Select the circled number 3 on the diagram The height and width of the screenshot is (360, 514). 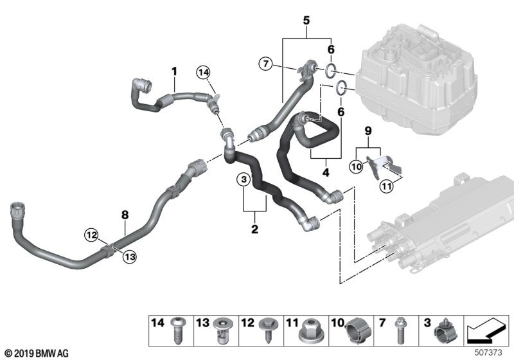coord(244,181)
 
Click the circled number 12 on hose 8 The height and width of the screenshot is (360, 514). coord(91,236)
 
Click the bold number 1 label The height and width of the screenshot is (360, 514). coord(173,69)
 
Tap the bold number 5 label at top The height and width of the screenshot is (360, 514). coord(306,21)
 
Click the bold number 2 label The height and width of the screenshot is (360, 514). coord(255,229)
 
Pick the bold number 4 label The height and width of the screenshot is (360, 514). coord(326,172)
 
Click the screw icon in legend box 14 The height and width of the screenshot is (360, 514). coord(177,336)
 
